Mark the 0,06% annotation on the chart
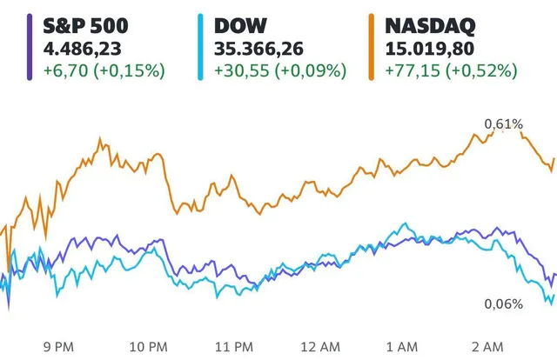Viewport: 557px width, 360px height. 528,303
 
